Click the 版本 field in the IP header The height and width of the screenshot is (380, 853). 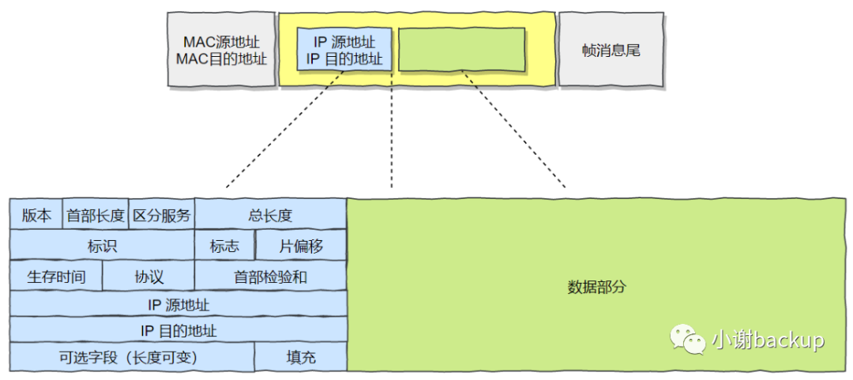click(36, 215)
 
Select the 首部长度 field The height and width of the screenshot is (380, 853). click(96, 215)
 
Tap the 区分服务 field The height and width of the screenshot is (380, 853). click(162, 215)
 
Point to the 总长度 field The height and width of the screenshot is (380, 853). click(270, 215)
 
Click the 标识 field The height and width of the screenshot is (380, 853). click(102, 246)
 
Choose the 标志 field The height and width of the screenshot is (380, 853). click(224, 246)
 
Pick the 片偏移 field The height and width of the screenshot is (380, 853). click(301, 246)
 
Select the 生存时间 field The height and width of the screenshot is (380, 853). click(56, 277)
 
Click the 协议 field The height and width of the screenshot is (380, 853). click(148, 277)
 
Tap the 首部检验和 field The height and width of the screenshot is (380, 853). click(270, 277)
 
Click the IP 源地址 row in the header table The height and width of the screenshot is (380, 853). click(178, 304)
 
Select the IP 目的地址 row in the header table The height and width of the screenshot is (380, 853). click(178, 330)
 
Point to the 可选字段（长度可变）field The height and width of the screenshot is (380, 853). click(132, 357)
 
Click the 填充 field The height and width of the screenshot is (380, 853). click(301, 357)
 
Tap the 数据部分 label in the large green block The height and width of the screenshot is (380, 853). click(596, 287)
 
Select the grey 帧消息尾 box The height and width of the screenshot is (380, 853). click(611, 50)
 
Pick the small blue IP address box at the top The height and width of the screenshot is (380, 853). click(344, 50)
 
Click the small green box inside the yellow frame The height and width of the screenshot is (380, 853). click(462, 50)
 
